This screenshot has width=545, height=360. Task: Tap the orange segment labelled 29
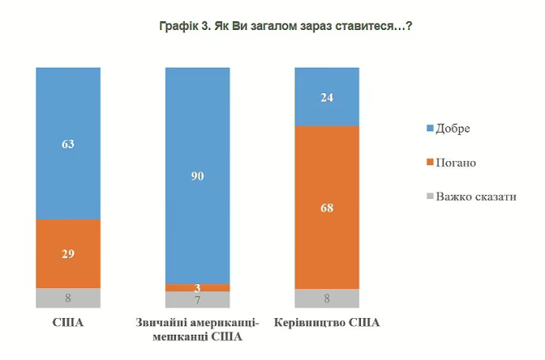(x=68, y=253)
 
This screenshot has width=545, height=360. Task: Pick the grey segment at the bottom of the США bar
(x=68, y=298)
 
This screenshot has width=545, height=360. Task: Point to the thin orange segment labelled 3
(x=197, y=287)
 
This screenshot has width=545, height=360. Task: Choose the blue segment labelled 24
(x=327, y=96)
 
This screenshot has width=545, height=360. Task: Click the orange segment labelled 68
(x=327, y=208)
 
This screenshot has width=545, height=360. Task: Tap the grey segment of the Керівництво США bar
(x=327, y=298)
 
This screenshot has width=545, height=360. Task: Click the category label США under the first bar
(x=68, y=323)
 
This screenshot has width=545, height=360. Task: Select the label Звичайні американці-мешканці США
(x=197, y=330)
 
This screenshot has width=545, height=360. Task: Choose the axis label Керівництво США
(x=327, y=323)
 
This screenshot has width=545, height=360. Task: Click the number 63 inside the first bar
(x=68, y=144)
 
